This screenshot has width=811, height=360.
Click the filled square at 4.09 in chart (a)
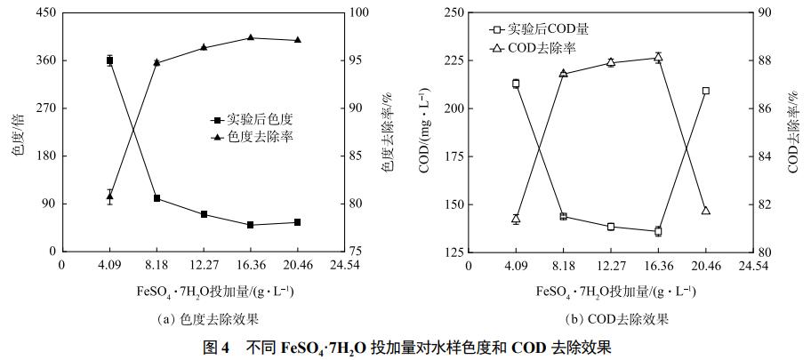tap(109, 60)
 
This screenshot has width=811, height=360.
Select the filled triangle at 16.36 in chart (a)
tap(251, 37)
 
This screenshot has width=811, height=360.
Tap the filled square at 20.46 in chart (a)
tap(297, 222)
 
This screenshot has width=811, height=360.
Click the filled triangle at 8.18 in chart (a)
tap(157, 62)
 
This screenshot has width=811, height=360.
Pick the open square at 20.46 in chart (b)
tap(705, 91)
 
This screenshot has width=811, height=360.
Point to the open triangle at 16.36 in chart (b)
tap(658, 57)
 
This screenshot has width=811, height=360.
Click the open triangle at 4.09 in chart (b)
tap(516, 219)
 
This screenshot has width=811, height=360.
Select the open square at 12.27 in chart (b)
tap(611, 227)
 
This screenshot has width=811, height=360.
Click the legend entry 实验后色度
tap(259, 118)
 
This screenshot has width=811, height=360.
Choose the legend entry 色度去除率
tap(259, 137)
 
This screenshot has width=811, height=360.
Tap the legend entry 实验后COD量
tap(548, 29)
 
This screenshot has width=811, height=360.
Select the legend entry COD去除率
tap(542, 48)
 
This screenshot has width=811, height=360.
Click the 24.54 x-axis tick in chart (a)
tap(344, 265)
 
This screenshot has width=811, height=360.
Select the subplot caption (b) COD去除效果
tap(617, 319)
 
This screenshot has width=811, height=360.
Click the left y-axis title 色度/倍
tap(17, 132)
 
